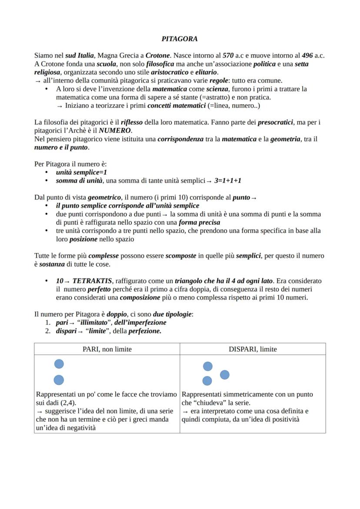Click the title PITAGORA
tap(180, 39)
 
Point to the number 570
tap(228, 56)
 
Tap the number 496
tap(307, 56)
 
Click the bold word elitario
tap(207, 72)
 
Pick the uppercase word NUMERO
tap(115, 130)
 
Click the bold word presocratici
tap(275, 122)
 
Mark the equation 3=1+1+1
tap(227, 180)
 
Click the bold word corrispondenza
tap(180, 139)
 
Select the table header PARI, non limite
tap(107, 349)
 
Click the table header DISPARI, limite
tap(253, 349)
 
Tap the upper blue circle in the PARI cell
tap(59, 364)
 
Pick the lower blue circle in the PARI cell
tap(59, 380)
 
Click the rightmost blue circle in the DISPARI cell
tap(225, 374)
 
